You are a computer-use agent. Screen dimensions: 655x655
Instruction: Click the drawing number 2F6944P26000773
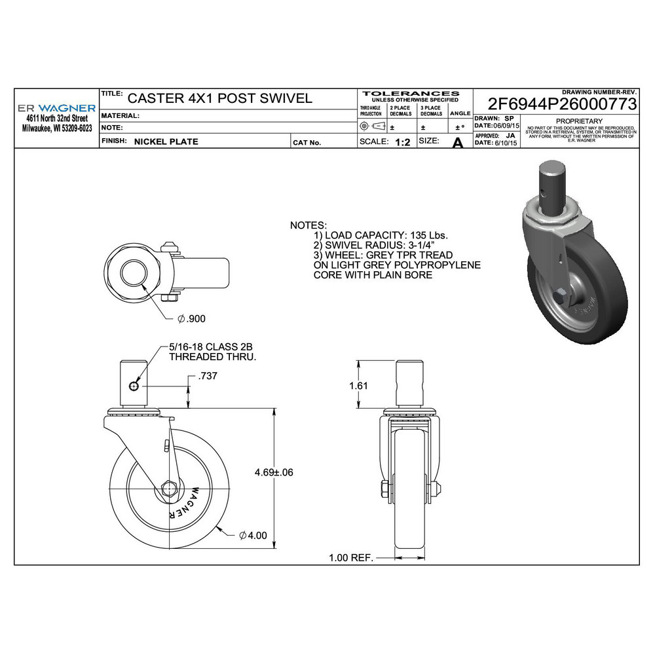[x=563, y=104]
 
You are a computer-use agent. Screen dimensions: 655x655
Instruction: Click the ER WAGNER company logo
[x=56, y=107]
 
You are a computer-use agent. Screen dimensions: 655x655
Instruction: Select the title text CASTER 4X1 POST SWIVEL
[x=219, y=98]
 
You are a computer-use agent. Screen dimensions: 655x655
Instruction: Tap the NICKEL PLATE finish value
[x=166, y=141]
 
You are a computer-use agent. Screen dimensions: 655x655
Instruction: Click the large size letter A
[x=458, y=142]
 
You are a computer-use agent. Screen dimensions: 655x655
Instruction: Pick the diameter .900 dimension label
[x=191, y=318]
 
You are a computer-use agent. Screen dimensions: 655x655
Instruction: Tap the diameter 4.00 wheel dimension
[x=253, y=535]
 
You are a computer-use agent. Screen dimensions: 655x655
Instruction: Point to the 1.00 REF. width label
[x=350, y=558]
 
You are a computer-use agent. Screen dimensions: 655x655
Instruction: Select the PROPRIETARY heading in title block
[x=578, y=121]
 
